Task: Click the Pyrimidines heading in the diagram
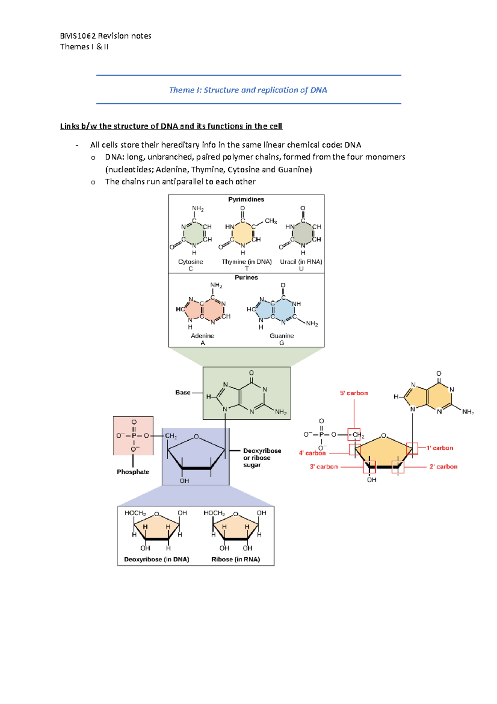[x=246, y=199]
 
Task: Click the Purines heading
[x=246, y=277]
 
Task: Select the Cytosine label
[x=191, y=262]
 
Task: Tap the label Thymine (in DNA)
[x=246, y=262]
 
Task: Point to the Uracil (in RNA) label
[x=301, y=262]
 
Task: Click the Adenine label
[x=203, y=336]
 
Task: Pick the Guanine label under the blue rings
[x=282, y=336]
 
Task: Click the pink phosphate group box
[x=133, y=436]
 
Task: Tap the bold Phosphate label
[x=133, y=472]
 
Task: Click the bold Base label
[x=183, y=392]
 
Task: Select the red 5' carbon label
[x=354, y=393]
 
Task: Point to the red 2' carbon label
[x=443, y=466]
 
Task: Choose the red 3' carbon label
[x=324, y=466]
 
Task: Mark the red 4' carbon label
[x=312, y=453]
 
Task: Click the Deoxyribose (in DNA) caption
[x=157, y=559]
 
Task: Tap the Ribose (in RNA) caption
[x=236, y=559]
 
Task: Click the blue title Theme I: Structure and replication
[x=248, y=90]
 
